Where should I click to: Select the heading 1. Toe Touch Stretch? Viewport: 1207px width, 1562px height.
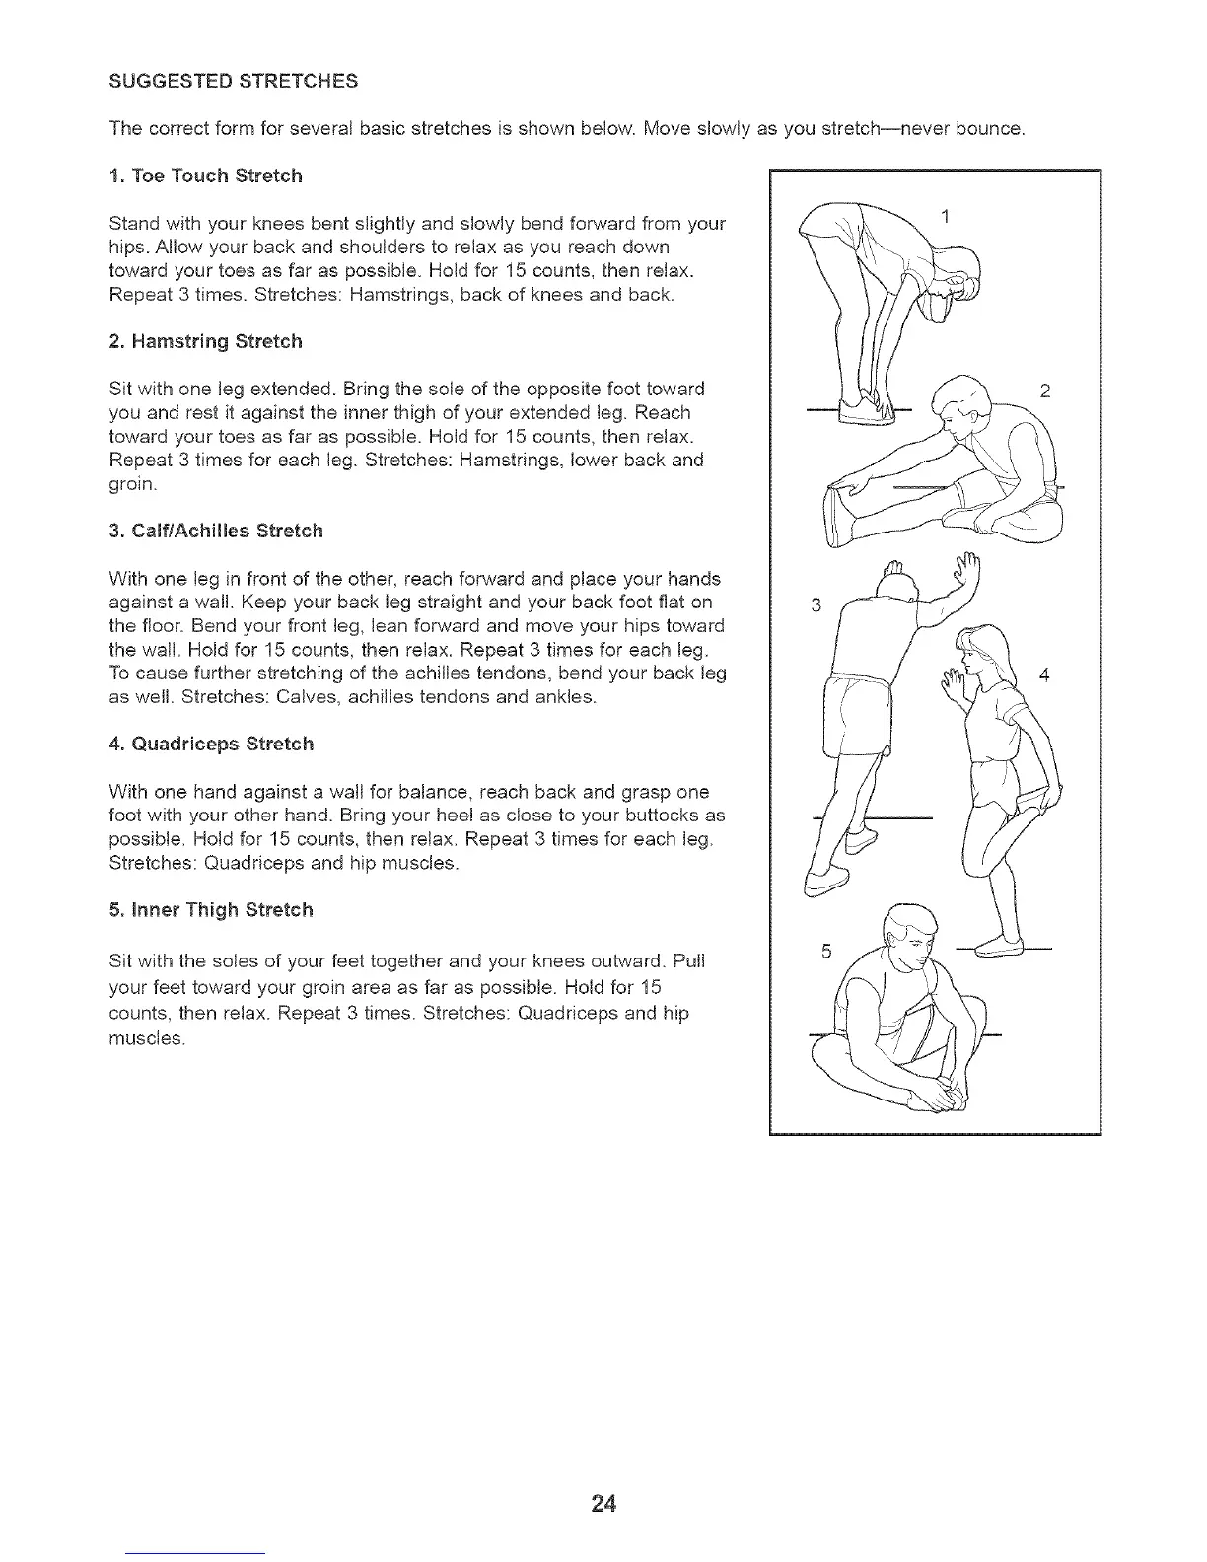pyautogui.click(x=206, y=176)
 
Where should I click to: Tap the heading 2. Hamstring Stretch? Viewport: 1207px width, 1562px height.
pyautogui.click(x=206, y=341)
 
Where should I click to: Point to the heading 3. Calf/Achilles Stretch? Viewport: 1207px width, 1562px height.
pyautogui.click(x=216, y=531)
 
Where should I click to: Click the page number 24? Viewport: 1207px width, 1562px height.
pyautogui.click(x=603, y=1503)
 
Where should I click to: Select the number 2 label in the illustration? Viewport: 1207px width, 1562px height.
pyautogui.click(x=1045, y=391)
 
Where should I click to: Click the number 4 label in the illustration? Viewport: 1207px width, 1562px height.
pyautogui.click(x=1045, y=675)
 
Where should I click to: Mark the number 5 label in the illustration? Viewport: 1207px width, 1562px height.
pyautogui.click(x=827, y=951)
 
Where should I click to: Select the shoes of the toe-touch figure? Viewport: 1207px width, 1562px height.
pyautogui.click(x=869, y=411)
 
